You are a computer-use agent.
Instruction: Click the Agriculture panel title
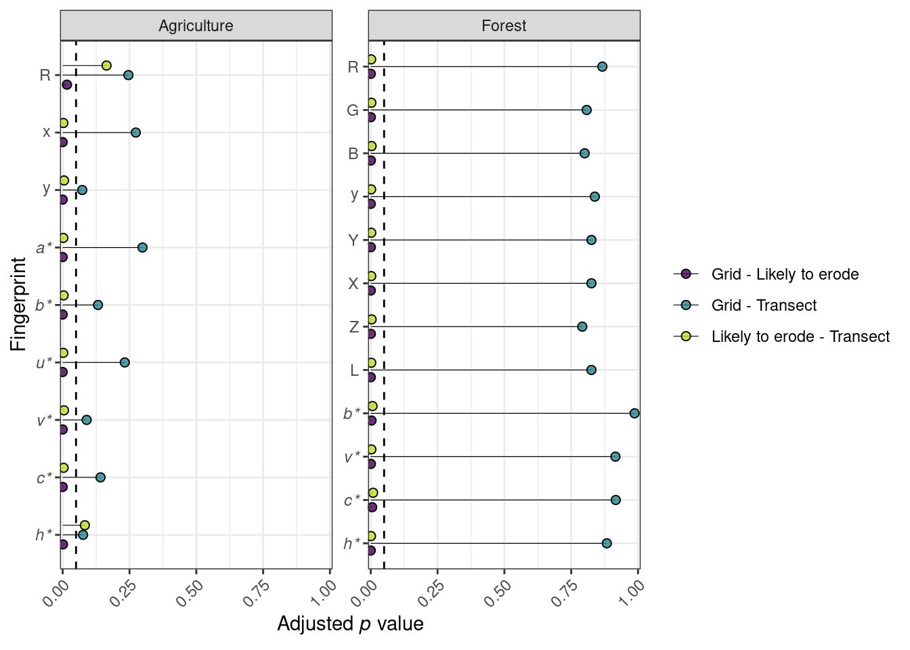pyautogui.click(x=196, y=26)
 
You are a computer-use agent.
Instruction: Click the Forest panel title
pyautogui.click(x=504, y=26)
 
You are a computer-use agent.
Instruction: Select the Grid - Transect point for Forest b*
pyautogui.click(x=634, y=413)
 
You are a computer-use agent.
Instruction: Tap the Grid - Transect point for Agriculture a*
pyautogui.click(x=142, y=247)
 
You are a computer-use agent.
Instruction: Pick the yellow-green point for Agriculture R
pyautogui.click(x=106, y=65)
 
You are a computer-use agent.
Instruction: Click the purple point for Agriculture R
pyautogui.click(x=67, y=85)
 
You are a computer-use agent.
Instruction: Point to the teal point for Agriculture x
pyautogui.click(x=135, y=132)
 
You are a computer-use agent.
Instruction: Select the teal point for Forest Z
pyautogui.click(x=582, y=326)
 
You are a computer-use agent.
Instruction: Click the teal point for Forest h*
pyautogui.click(x=607, y=543)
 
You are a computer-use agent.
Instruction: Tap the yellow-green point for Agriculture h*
pyautogui.click(x=85, y=525)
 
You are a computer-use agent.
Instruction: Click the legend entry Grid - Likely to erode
pyautogui.click(x=785, y=274)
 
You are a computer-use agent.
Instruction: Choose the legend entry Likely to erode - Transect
pyautogui.click(x=800, y=337)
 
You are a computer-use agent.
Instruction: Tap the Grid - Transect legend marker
pyautogui.click(x=686, y=305)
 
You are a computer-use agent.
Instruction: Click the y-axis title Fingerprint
pyautogui.click(x=19, y=304)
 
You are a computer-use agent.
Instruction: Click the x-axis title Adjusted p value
pyautogui.click(x=350, y=624)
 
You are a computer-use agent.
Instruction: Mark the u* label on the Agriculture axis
pyautogui.click(x=43, y=363)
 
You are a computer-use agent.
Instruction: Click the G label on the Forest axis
pyautogui.click(x=353, y=110)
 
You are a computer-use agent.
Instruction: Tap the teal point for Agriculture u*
pyautogui.click(x=125, y=362)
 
